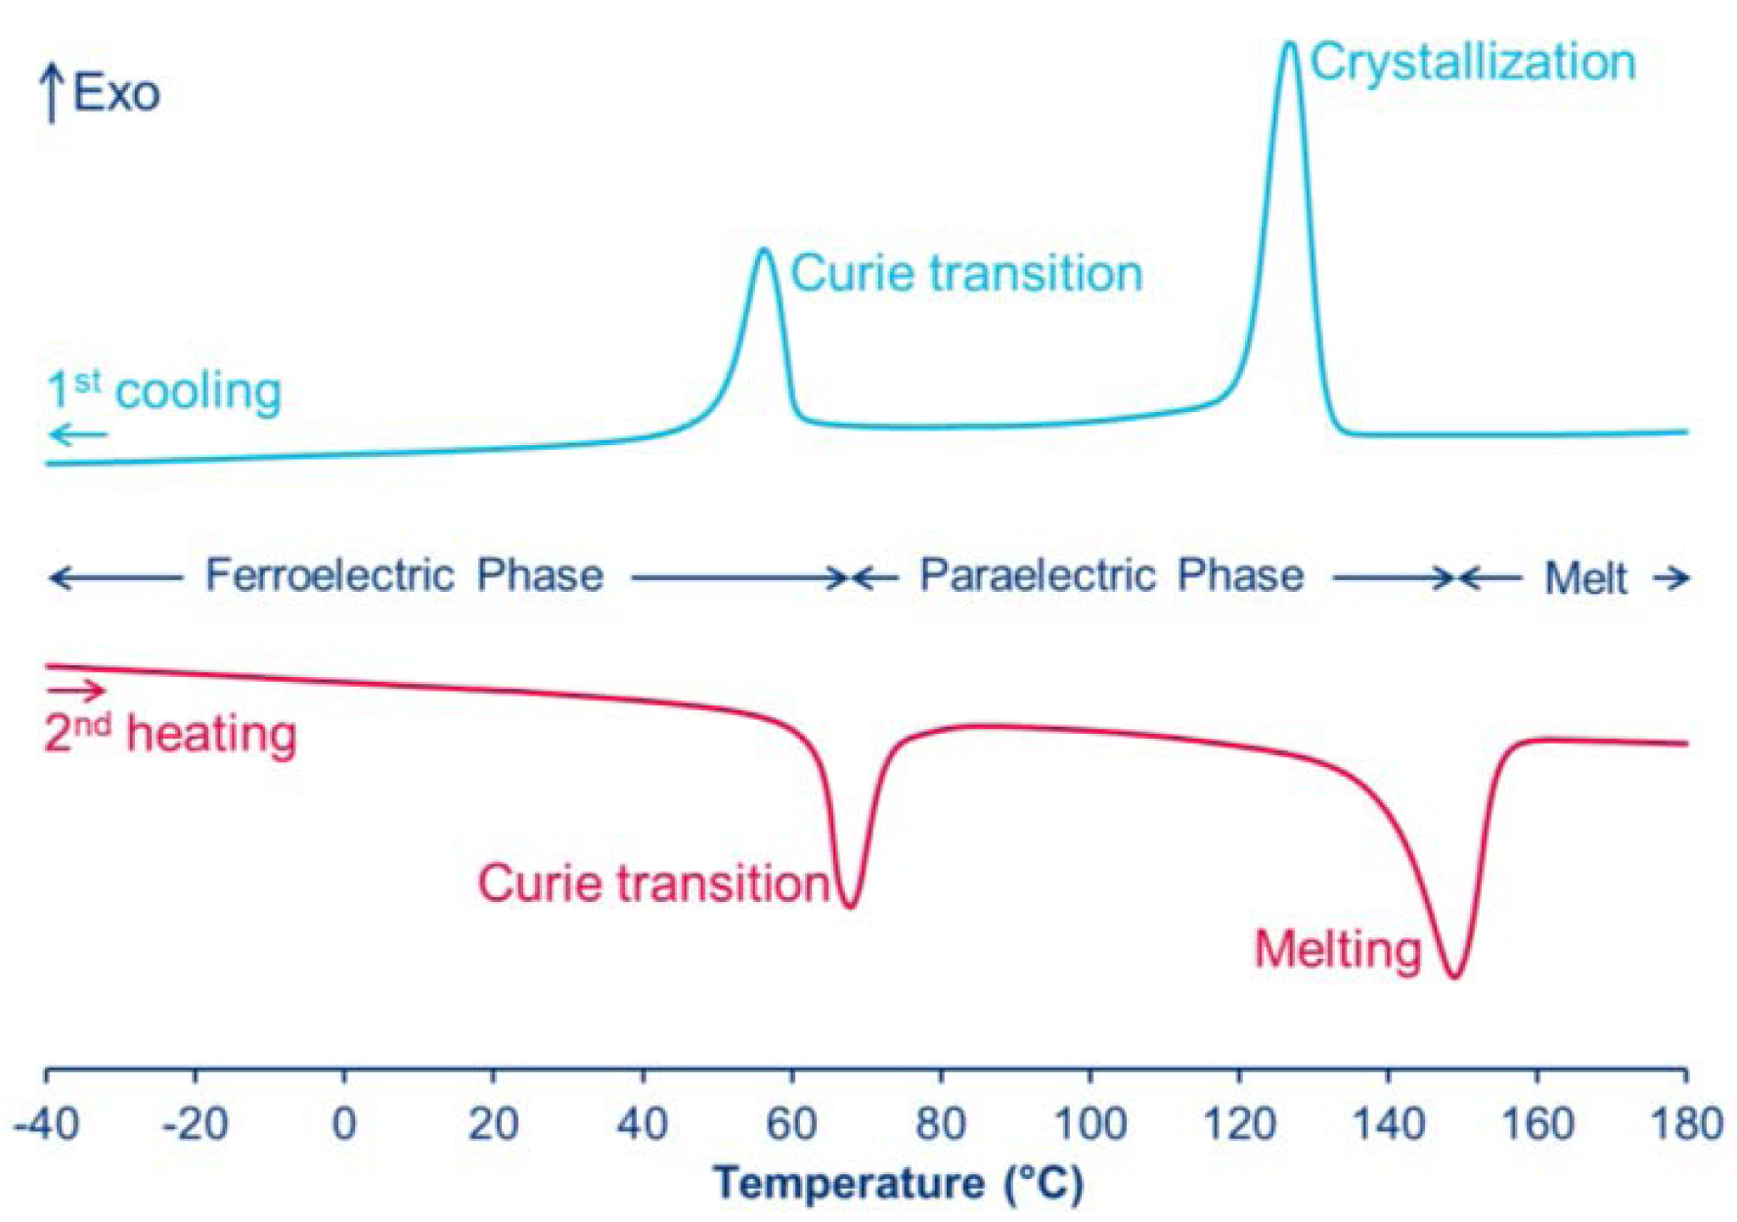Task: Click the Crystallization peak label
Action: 1472,63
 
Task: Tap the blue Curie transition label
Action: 966,273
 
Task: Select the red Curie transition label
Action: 653,883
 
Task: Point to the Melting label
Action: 1337,949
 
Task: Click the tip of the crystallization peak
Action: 1290,44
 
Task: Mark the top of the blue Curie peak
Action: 765,250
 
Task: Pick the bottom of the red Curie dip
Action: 850,906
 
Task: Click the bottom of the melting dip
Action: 1454,975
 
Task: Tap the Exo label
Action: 116,94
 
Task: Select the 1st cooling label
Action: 164,390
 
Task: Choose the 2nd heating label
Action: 170,734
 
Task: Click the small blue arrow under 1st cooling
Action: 78,434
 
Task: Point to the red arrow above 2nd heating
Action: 75,691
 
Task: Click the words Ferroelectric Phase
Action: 404,575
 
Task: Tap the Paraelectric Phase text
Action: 1111,575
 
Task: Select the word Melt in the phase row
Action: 1585,578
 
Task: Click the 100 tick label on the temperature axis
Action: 1090,1124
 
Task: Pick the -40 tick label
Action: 46,1124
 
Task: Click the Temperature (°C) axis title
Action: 898,1183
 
